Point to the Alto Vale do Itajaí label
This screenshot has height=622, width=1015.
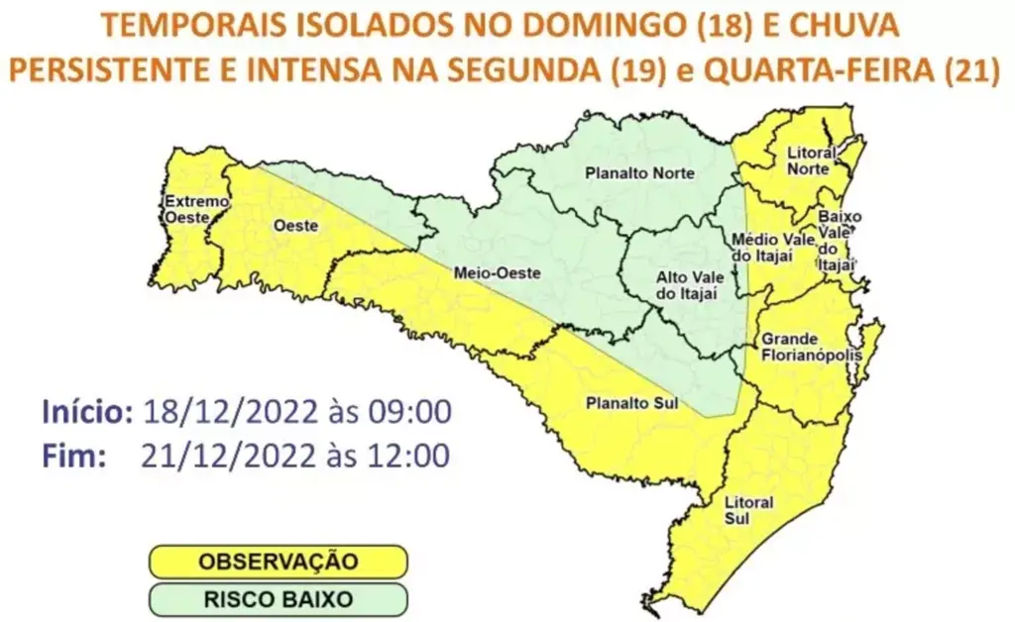(x=686, y=284)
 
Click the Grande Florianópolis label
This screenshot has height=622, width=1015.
(x=809, y=347)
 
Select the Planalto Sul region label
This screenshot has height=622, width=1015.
(x=623, y=404)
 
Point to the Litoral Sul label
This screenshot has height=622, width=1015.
(x=750, y=510)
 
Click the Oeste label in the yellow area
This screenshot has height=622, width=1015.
(x=296, y=226)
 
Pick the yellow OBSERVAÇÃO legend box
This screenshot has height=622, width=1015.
(x=279, y=562)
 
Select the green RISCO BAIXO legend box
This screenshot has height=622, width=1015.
(x=279, y=598)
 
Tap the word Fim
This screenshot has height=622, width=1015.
(x=73, y=456)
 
